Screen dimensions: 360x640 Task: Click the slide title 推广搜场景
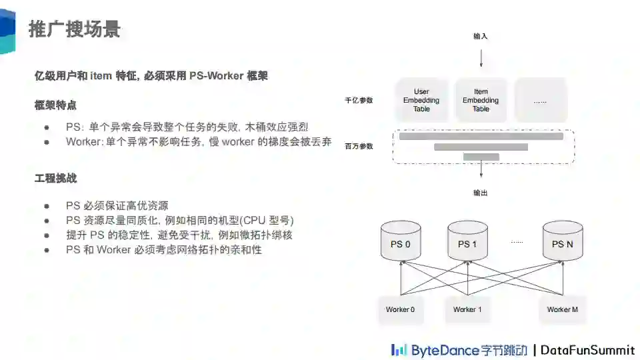(x=74, y=29)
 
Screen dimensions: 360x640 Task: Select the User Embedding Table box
(x=421, y=101)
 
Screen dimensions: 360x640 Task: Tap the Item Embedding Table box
(x=481, y=101)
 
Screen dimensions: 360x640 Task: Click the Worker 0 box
(x=400, y=309)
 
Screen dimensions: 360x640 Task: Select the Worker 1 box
(x=467, y=309)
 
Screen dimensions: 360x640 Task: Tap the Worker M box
(x=562, y=309)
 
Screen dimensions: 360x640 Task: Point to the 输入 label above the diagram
(x=480, y=36)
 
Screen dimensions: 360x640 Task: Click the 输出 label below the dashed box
(x=480, y=193)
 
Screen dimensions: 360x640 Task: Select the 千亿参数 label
(x=359, y=101)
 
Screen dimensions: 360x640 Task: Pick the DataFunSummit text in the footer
(x=587, y=349)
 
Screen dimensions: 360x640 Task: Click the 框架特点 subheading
(x=55, y=105)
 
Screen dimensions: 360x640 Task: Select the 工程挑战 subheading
(x=55, y=178)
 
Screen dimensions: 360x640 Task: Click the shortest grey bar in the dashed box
(x=481, y=157)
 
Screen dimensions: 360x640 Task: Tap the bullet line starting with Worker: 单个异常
(x=198, y=141)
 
